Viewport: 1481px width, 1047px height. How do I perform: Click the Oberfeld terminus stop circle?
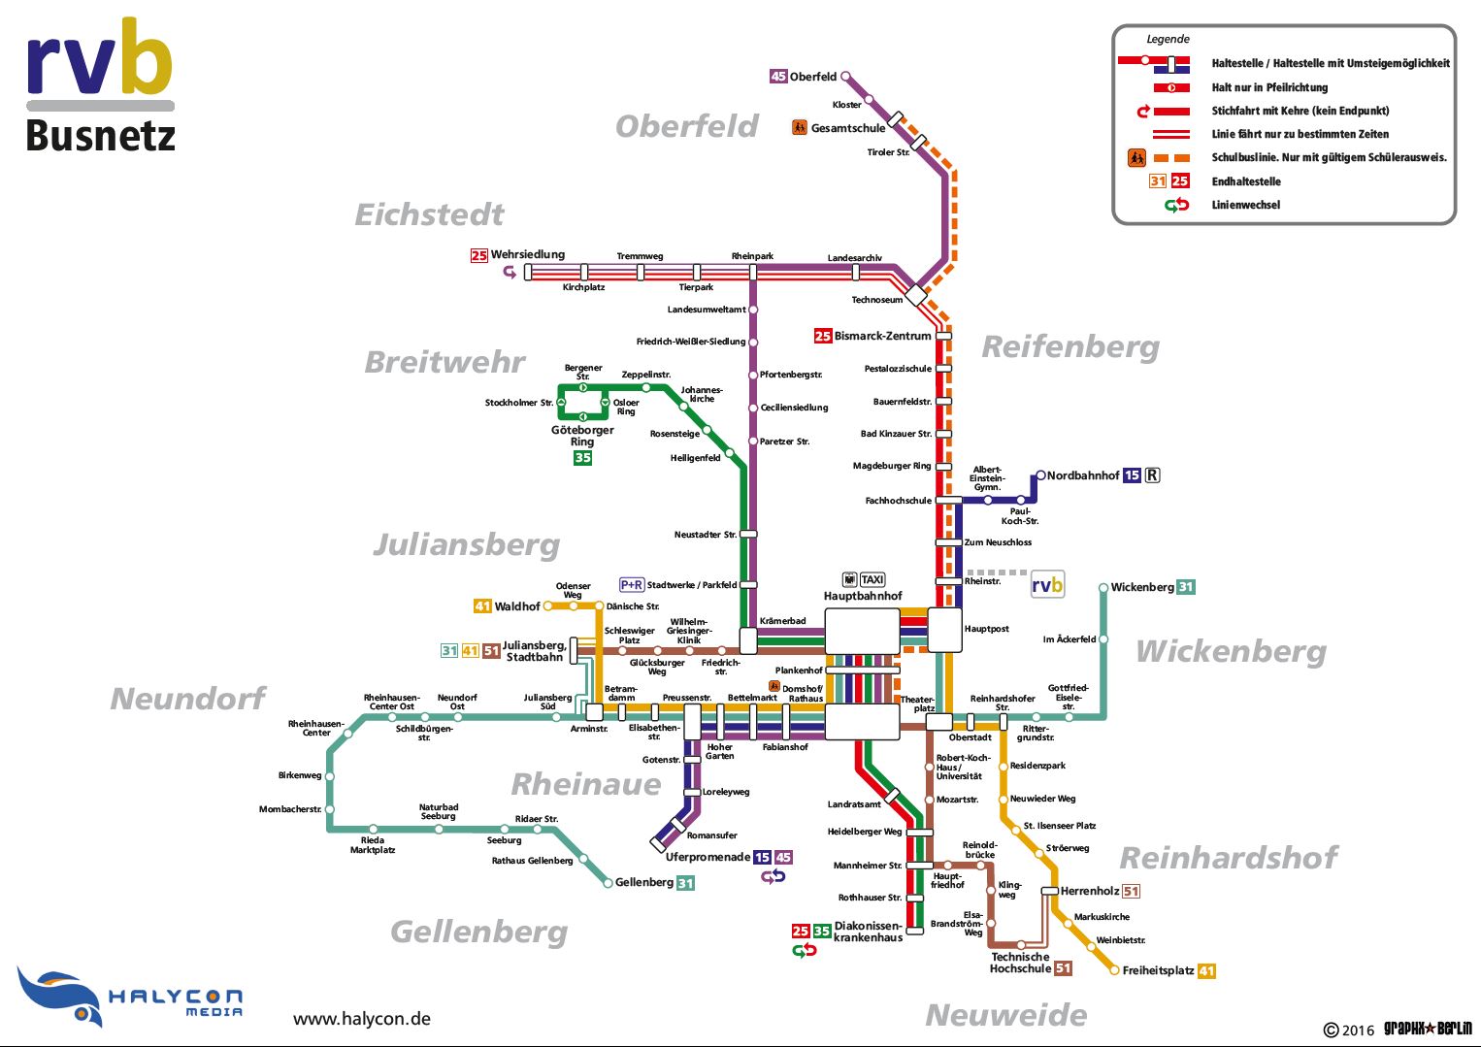(x=845, y=76)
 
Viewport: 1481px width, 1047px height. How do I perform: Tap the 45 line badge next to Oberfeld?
(x=778, y=76)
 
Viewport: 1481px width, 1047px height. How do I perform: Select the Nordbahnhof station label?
(x=1083, y=475)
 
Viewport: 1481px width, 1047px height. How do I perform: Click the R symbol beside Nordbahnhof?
(x=1152, y=475)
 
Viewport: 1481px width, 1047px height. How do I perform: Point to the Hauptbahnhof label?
(x=863, y=596)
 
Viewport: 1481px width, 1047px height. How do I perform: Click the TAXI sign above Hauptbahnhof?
(x=872, y=580)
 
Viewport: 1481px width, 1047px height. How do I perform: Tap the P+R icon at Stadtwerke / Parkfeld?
(x=632, y=585)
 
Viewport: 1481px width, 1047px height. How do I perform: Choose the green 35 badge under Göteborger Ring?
(x=582, y=458)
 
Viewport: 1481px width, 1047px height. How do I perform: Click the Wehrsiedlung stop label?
(x=527, y=254)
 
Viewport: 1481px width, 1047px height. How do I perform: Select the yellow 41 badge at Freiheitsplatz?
(x=1206, y=970)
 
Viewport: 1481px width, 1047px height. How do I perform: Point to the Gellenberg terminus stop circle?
(x=610, y=882)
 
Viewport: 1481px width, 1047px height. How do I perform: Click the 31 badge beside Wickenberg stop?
(x=1186, y=587)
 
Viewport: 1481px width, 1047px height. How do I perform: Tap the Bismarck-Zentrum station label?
(x=882, y=336)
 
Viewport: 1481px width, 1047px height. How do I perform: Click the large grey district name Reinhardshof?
(x=1229, y=858)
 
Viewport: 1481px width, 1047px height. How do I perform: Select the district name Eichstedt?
(x=429, y=214)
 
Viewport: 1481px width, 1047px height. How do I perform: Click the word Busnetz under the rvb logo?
(x=101, y=136)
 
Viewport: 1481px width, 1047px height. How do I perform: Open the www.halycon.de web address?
(x=361, y=1019)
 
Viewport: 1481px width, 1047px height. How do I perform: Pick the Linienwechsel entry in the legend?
(x=1246, y=205)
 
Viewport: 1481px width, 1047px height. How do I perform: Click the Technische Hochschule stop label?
(x=1019, y=963)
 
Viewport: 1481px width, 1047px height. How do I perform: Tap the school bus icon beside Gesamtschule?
(x=800, y=127)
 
